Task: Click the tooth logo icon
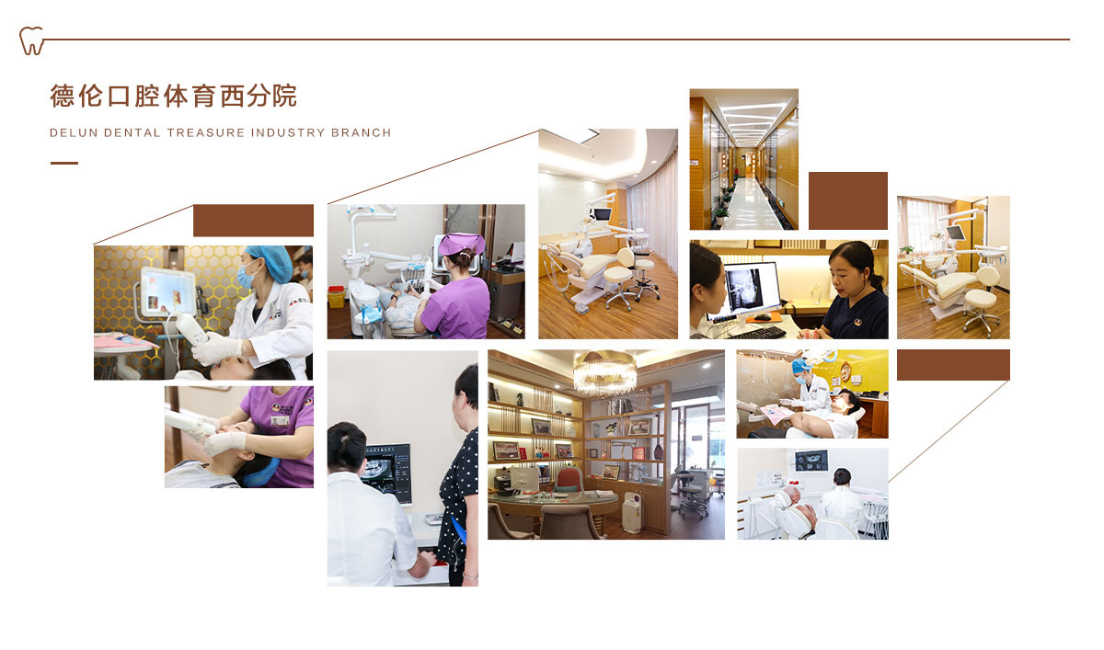[x=31, y=40]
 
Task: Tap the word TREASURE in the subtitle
[x=206, y=133]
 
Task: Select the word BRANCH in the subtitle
[x=361, y=133]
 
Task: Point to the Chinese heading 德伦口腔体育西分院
[x=174, y=96]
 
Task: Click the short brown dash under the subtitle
[x=64, y=163]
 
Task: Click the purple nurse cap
[x=461, y=245]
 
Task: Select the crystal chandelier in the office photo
[x=604, y=372]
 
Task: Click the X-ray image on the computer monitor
[x=746, y=288]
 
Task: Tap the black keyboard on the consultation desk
[x=758, y=334]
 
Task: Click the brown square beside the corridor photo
[x=848, y=200]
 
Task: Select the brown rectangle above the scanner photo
[x=253, y=221]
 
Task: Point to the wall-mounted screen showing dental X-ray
[x=811, y=461]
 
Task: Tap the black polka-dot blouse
[x=460, y=497]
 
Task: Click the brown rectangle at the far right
[x=953, y=365]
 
